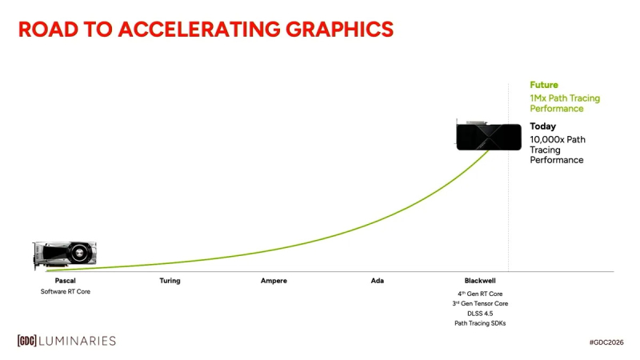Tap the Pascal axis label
pyautogui.click(x=66, y=281)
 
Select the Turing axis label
pyautogui.click(x=170, y=281)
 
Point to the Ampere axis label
pyautogui.click(x=274, y=281)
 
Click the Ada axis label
pyautogui.click(x=378, y=281)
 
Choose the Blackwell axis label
pyautogui.click(x=481, y=281)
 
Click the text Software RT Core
pyautogui.click(x=66, y=292)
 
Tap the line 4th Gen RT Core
pyautogui.click(x=481, y=294)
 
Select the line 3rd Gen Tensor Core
pyautogui.click(x=481, y=304)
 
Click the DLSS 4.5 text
pyautogui.click(x=481, y=314)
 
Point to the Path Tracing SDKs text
pyautogui.click(x=481, y=323)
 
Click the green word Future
pyautogui.click(x=543, y=85)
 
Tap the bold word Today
pyautogui.click(x=542, y=126)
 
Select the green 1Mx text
pyautogui.click(x=538, y=98)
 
